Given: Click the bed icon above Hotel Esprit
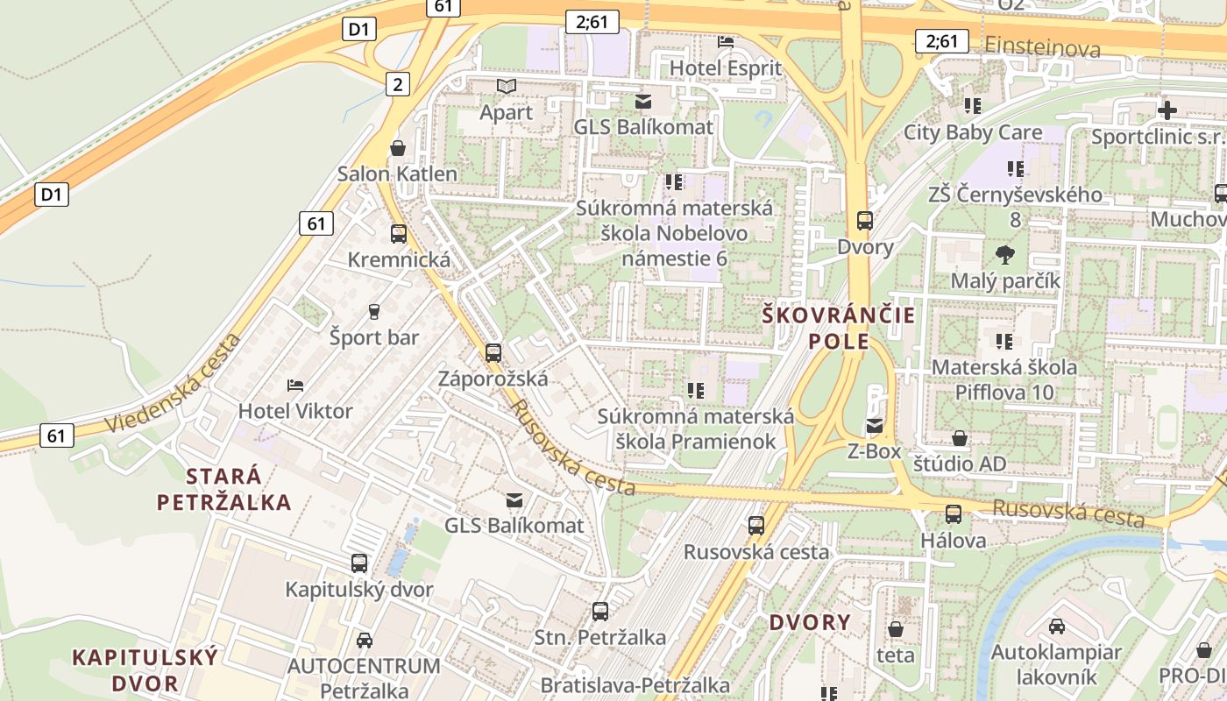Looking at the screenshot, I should pyautogui.click(x=726, y=41).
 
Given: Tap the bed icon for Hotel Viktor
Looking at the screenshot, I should pyautogui.click(x=295, y=385).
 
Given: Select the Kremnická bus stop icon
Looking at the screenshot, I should pyautogui.click(x=399, y=234).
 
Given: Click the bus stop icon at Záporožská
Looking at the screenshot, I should pyautogui.click(x=493, y=353).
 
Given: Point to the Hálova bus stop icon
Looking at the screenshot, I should pyautogui.click(x=954, y=514).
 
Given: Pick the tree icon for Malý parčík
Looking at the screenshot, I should pyautogui.click(x=1005, y=255).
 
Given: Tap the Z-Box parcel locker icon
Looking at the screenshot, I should pyautogui.click(x=875, y=426).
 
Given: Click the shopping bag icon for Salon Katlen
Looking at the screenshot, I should pyautogui.click(x=398, y=148).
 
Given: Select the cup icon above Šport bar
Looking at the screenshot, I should pyautogui.click(x=374, y=312).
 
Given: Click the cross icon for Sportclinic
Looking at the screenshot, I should pyautogui.click(x=1167, y=110).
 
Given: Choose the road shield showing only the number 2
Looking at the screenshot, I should pyautogui.click(x=398, y=84).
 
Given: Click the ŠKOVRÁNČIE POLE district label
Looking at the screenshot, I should pyautogui.click(x=838, y=328).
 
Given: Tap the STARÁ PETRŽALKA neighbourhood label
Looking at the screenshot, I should pyautogui.click(x=224, y=489).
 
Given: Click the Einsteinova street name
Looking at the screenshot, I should pyautogui.click(x=1042, y=47).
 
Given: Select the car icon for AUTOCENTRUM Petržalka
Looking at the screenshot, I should pyautogui.click(x=364, y=641).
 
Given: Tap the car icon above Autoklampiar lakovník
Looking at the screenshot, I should pyautogui.click(x=1057, y=627).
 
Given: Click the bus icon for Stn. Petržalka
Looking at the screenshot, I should pyautogui.click(x=600, y=612).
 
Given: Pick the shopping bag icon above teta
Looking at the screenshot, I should pyautogui.click(x=896, y=629).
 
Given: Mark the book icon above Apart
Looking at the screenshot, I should pyautogui.click(x=507, y=86).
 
